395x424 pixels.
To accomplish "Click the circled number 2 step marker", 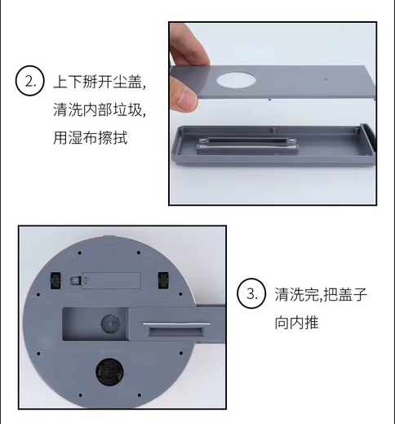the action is [29, 81].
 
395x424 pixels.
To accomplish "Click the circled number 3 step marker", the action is [251, 293].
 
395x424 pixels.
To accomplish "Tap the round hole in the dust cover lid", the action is [236, 80].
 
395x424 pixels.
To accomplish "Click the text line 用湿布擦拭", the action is [90, 138].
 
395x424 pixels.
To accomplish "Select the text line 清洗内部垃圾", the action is [100, 109].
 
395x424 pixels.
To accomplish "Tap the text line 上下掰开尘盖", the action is [100, 82].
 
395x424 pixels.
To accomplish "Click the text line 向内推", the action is [296, 323].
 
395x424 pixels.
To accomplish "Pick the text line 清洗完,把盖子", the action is [321, 294].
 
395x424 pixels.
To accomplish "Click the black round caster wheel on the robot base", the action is [109, 372].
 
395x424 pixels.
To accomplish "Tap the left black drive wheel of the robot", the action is [55, 280].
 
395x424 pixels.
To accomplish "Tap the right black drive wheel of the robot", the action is [164, 280].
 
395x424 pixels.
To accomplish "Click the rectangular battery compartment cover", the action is [111, 280].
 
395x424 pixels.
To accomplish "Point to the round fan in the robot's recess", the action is [110, 324].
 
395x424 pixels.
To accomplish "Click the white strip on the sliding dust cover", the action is [176, 324].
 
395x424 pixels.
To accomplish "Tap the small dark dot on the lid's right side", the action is [326, 79].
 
